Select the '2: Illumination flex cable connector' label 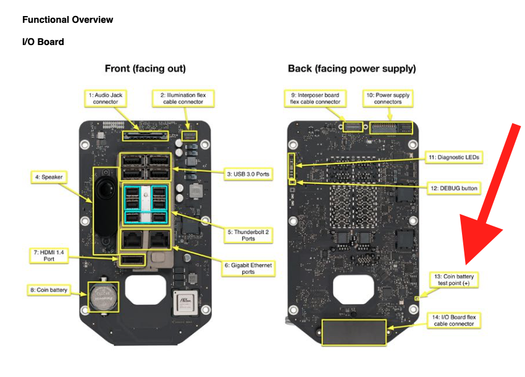click(183, 99)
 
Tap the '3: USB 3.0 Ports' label click(248, 175)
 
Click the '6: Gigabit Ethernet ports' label click(248, 268)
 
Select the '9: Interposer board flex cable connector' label click(315, 99)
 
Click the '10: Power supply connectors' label click(388, 99)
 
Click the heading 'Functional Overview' click(68, 20)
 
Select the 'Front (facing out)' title click(145, 68)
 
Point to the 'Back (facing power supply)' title click(351, 68)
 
